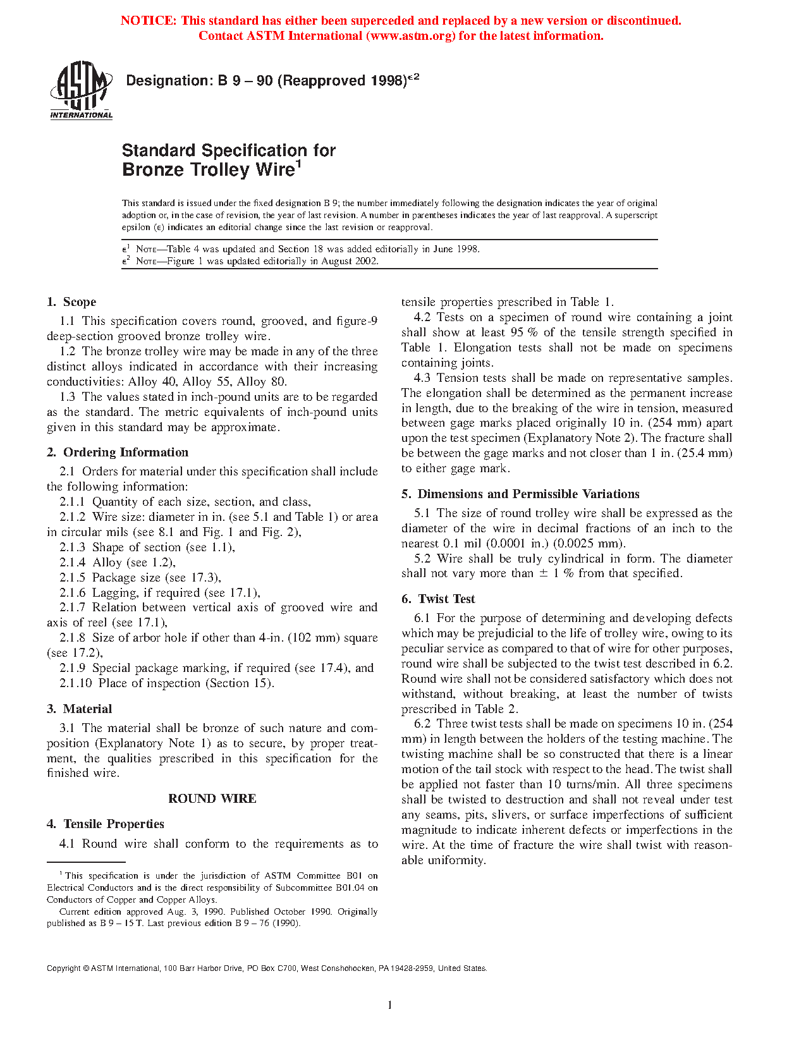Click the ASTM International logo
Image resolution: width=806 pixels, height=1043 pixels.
(x=81, y=90)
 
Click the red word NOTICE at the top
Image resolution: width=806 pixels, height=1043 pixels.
(x=148, y=21)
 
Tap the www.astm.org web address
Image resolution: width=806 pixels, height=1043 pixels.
(x=409, y=36)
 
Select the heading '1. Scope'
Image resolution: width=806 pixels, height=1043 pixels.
(x=71, y=302)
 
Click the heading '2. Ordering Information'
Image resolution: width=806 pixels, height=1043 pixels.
(x=118, y=453)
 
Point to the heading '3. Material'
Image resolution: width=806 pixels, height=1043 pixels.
(x=79, y=709)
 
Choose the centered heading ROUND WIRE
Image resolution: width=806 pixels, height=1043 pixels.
(x=212, y=799)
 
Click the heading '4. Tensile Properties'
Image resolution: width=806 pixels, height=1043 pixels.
(x=106, y=824)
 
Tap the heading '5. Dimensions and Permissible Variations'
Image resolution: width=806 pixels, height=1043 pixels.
(x=520, y=494)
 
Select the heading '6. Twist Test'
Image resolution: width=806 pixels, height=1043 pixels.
(x=438, y=599)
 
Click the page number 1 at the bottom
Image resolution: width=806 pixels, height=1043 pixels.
(x=390, y=1005)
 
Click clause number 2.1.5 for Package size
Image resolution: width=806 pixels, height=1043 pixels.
(x=73, y=578)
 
